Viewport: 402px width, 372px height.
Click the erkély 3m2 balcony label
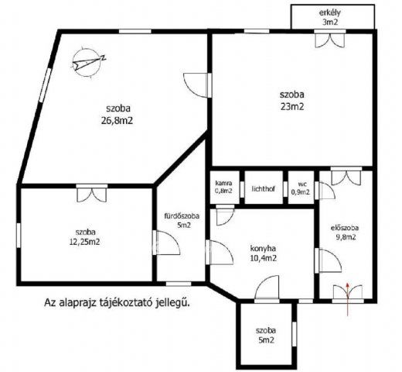click(x=330, y=17)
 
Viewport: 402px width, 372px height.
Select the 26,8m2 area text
click(x=118, y=121)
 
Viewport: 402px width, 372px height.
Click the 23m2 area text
click(x=292, y=107)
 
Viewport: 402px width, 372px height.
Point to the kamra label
click(x=223, y=183)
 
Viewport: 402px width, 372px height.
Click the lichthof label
click(x=264, y=189)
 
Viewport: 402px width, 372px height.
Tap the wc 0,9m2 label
click(x=301, y=188)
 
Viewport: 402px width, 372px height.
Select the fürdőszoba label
click(x=182, y=216)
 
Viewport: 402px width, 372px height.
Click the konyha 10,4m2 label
click(x=263, y=253)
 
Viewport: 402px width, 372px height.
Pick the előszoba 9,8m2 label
click(x=344, y=232)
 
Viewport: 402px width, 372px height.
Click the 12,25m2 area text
click(x=85, y=242)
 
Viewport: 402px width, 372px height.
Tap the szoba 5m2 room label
click(x=266, y=335)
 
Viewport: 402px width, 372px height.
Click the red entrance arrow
click(x=347, y=299)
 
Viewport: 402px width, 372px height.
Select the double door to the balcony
click(x=330, y=39)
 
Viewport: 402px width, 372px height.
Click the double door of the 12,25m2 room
click(x=92, y=193)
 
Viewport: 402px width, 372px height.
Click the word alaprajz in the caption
click(x=77, y=302)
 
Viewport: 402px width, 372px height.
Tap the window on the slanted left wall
click(x=45, y=84)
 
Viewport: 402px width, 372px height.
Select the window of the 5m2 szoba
click(x=295, y=334)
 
